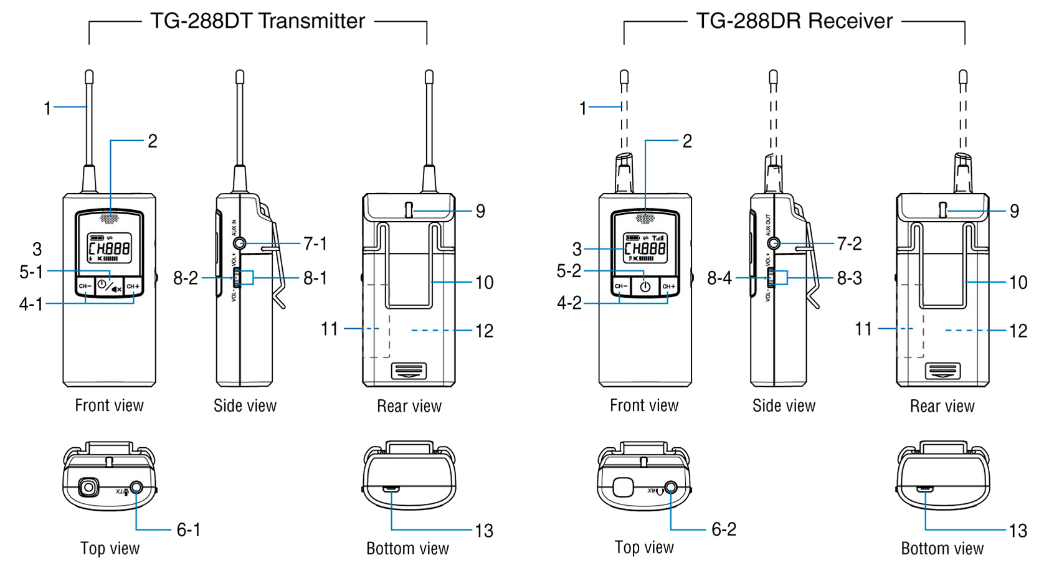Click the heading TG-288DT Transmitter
pyautogui.click(x=257, y=21)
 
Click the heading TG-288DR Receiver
pyautogui.click(x=794, y=21)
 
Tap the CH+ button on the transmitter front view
pyautogui.click(x=133, y=287)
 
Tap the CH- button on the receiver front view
pyautogui.click(x=620, y=287)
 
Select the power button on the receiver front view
pyautogui.click(x=645, y=287)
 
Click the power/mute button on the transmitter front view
pyautogui.click(x=109, y=287)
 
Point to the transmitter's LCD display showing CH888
pyautogui.click(x=109, y=248)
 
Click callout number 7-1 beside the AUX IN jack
pyautogui.click(x=315, y=244)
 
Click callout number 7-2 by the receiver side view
pyautogui.click(x=849, y=244)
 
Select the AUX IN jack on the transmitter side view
pyautogui.click(x=239, y=244)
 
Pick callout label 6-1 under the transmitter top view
pyautogui.click(x=188, y=530)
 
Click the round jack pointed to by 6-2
pyautogui.click(x=671, y=488)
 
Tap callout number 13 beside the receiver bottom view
pyautogui.click(x=1018, y=531)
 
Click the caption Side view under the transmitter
pyautogui.click(x=245, y=406)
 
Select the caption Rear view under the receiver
pyautogui.click(x=942, y=407)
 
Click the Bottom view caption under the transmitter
pyautogui.click(x=407, y=549)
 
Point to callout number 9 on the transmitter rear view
pyautogui.click(x=480, y=211)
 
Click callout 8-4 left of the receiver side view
pyautogui.click(x=719, y=278)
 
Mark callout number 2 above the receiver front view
pyautogui.click(x=687, y=141)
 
